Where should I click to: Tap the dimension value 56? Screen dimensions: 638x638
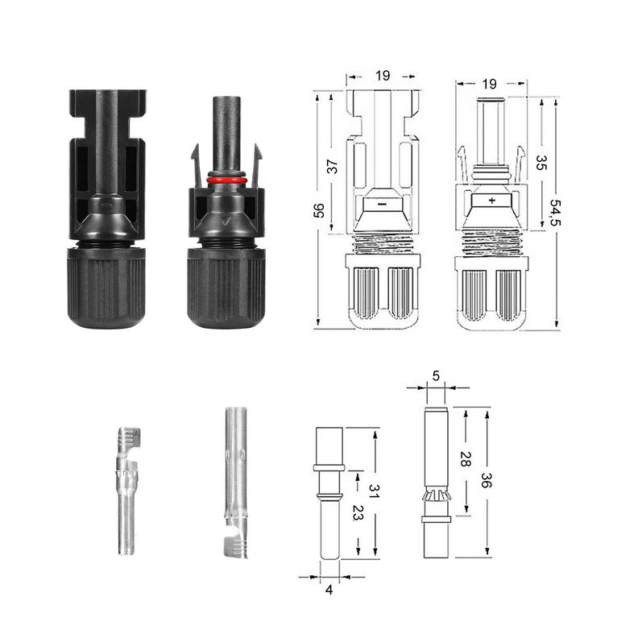click(x=320, y=210)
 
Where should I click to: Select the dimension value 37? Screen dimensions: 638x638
click(x=333, y=167)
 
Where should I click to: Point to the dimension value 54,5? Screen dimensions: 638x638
click(x=555, y=212)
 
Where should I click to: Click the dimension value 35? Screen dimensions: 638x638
click(x=541, y=162)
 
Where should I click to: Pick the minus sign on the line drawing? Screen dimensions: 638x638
click(x=382, y=204)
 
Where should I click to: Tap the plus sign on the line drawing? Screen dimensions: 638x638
click(x=492, y=201)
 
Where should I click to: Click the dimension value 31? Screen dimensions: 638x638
click(x=374, y=491)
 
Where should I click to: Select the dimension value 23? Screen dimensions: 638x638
click(x=357, y=512)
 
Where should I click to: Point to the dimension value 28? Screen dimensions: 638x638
click(x=465, y=458)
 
